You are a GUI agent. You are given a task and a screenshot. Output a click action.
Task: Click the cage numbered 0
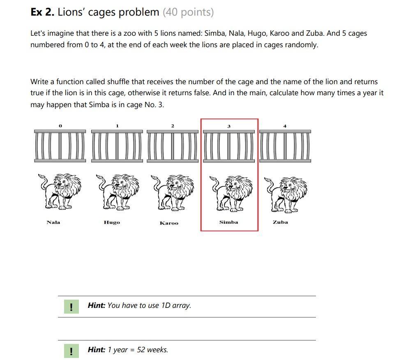tap(60, 145)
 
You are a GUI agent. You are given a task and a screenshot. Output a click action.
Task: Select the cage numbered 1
tap(117, 145)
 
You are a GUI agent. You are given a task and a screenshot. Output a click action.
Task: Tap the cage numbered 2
tap(173, 145)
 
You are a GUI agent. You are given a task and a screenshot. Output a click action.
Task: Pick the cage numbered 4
tap(285, 145)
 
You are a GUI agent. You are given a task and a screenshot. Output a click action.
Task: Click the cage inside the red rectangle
tap(229, 145)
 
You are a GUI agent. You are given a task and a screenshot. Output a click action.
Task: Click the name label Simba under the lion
tap(228, 222)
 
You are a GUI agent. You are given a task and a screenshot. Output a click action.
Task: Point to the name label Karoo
tap(169, 223)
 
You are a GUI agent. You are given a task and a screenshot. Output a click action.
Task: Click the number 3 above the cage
tap(229, 126)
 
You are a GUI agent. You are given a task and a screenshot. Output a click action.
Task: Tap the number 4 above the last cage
tap(285, 126)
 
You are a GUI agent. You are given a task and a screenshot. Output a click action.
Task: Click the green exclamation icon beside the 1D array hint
tap(71, 307)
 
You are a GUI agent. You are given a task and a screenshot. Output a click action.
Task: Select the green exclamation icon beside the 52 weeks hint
tap(71, 351)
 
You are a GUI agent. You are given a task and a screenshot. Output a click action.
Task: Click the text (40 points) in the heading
tap(188, 12)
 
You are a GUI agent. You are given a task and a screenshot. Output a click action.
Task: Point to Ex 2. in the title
tap(42, 12)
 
